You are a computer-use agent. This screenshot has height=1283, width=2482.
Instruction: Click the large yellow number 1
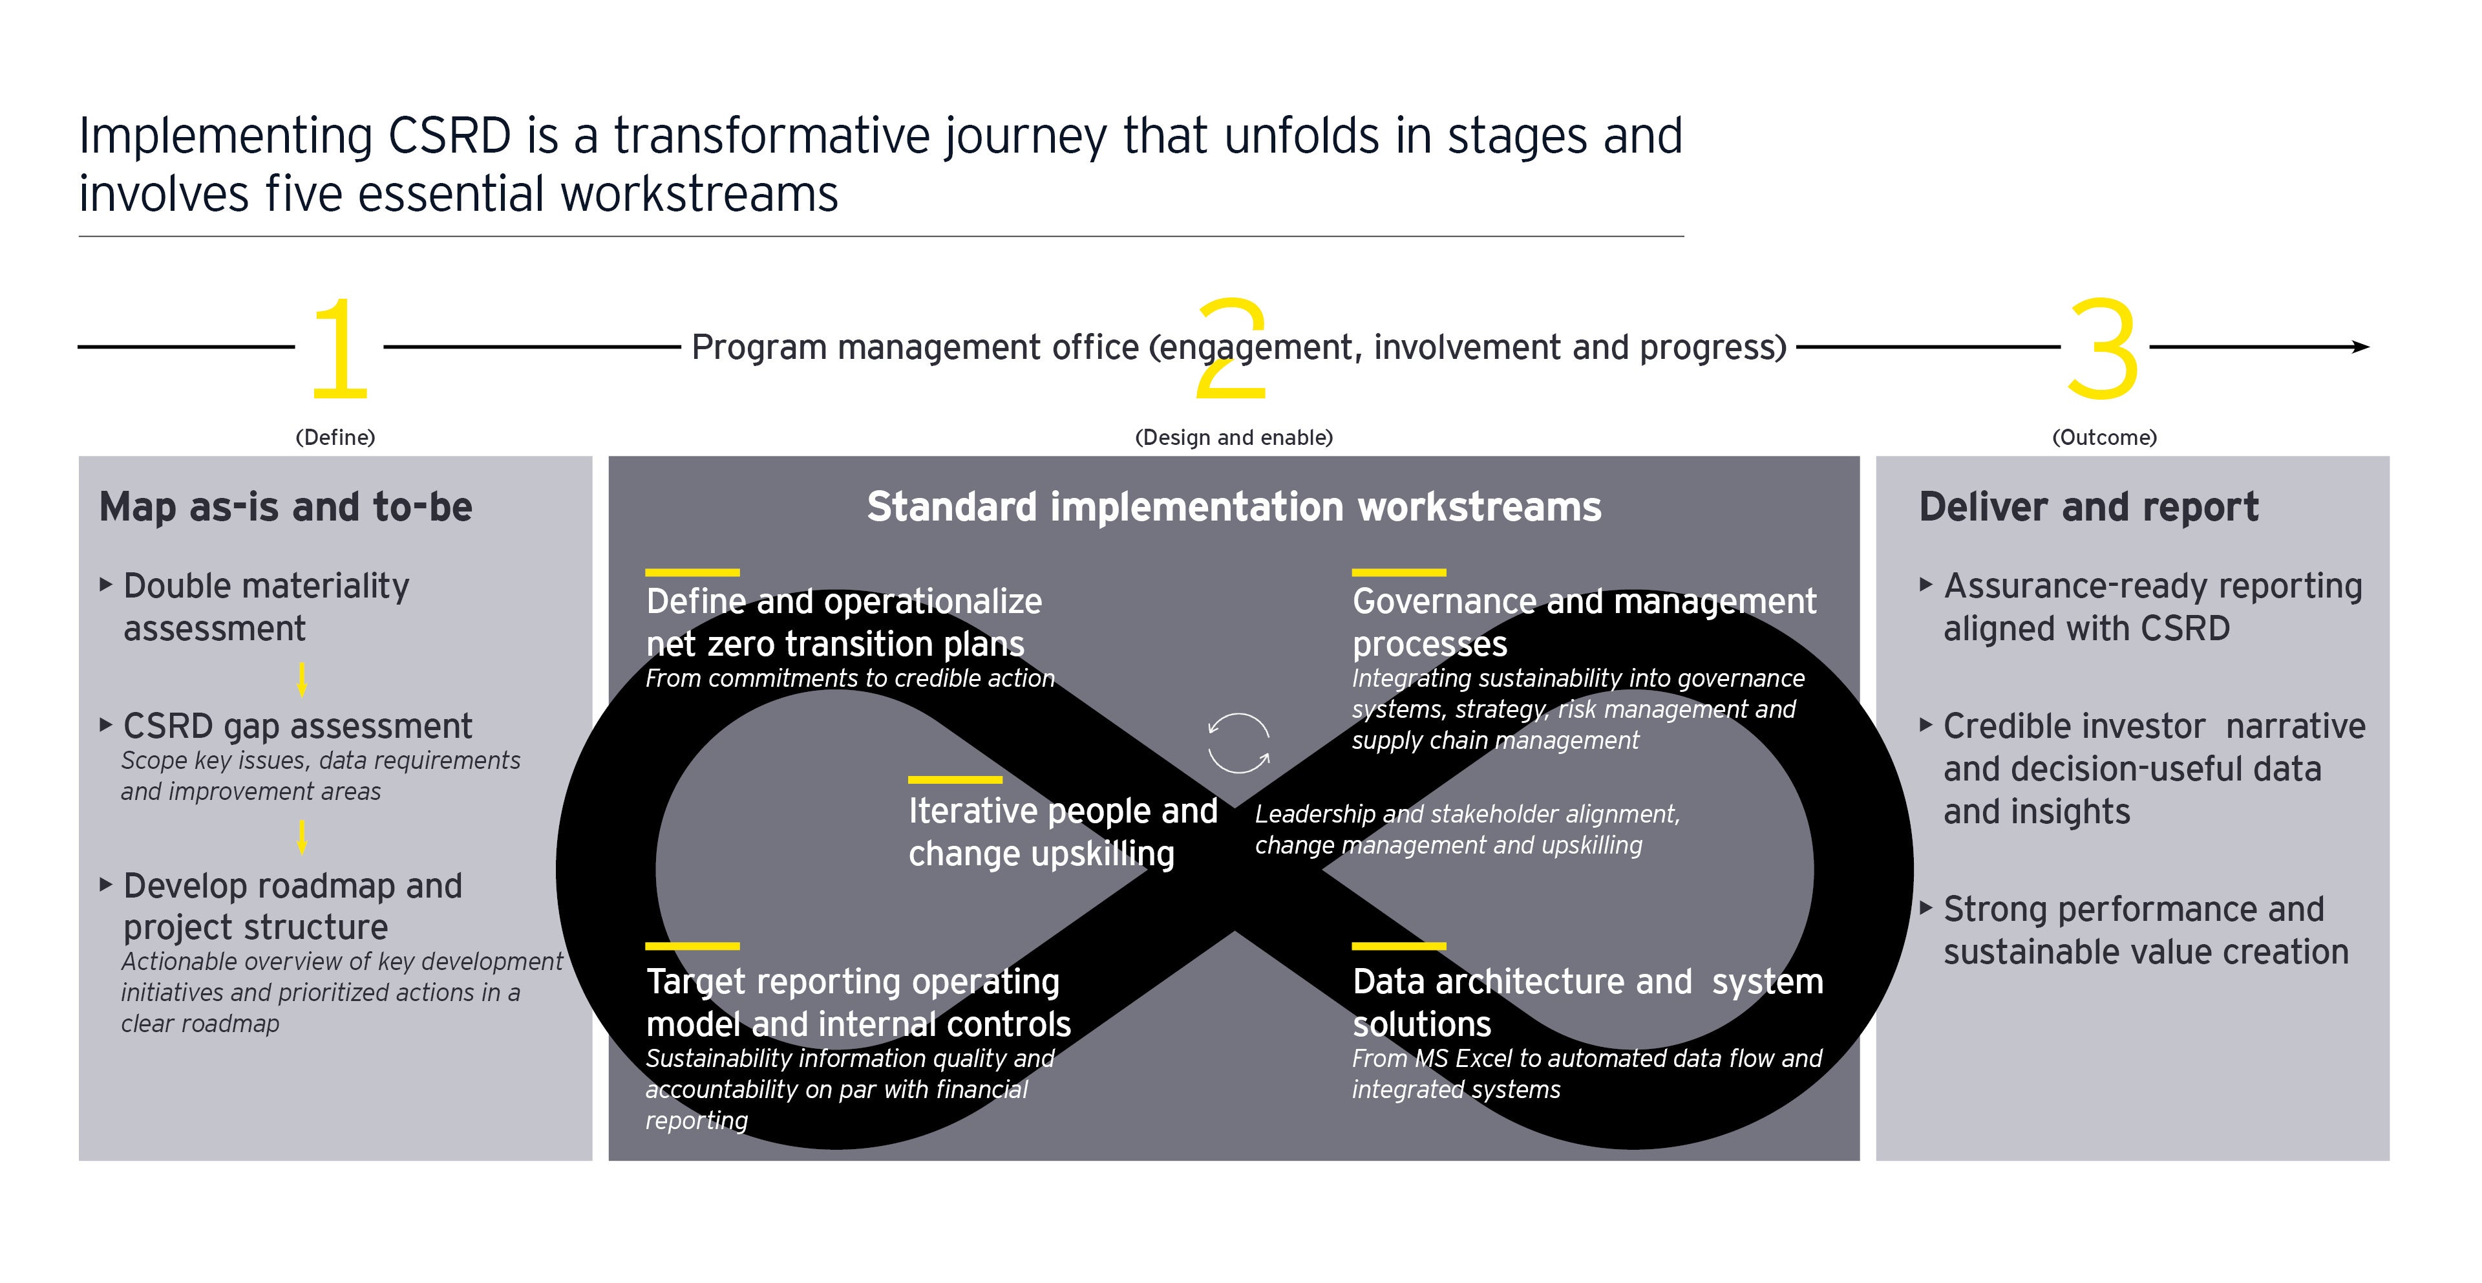[340, 349]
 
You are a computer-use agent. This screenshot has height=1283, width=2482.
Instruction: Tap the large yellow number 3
[2103, 349]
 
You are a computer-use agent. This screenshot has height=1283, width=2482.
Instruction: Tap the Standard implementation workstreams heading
[1233, 507]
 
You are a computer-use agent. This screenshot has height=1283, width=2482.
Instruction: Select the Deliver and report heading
[2088, 507]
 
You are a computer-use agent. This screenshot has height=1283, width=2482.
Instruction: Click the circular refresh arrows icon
[1238, 742]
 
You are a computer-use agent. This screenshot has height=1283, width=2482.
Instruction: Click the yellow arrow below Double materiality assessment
[302, 680]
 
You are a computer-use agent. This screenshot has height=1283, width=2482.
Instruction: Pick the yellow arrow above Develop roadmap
[302, 837]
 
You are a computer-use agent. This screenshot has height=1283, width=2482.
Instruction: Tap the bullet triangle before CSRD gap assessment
[106, 725]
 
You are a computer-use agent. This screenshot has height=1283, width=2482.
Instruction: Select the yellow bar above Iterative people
[955, 779]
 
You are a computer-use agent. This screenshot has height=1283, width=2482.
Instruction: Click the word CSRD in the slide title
[449, 136]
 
